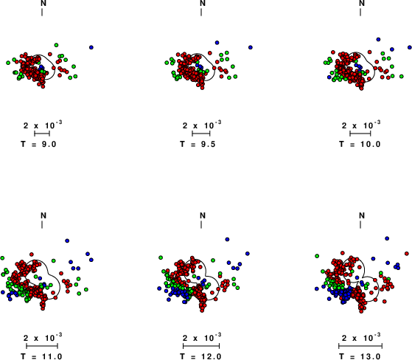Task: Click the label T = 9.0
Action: (38, 144)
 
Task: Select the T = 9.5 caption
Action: (198, 144)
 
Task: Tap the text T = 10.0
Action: (360, 144)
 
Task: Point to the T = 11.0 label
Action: (41, 356)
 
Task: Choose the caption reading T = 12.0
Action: (200, 356)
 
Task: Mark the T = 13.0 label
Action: (360, 356)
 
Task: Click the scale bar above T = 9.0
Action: (42, 134)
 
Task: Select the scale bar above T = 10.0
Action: (360, 134)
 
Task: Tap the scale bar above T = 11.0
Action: (42, 346)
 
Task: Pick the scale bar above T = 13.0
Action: (360, 346)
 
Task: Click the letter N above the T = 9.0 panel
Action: (43, 3)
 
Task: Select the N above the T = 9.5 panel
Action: (203, 3)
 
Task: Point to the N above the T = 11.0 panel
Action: (43, 215)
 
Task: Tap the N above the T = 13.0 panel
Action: (362, 215)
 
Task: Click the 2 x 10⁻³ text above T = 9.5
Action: (202, 125)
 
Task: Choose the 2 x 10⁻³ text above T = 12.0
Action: (202, 337)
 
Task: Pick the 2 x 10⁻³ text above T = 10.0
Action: (361, 125)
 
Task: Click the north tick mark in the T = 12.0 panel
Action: (201, 224)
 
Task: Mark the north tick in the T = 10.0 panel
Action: (360, 12)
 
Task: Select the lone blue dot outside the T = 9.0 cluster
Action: (91, 47)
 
